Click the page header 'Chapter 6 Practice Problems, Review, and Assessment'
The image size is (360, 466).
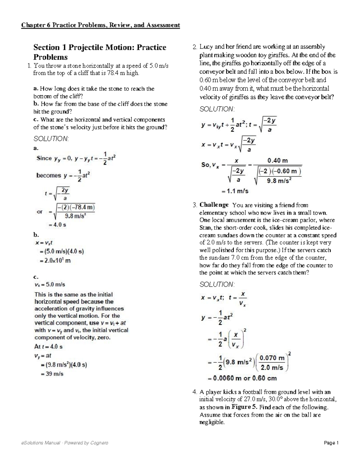100,25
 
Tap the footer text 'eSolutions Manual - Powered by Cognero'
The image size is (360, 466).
64,443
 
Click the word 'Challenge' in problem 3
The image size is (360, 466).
214,205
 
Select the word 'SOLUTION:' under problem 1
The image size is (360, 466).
51,139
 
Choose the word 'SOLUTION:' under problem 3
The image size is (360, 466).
217,284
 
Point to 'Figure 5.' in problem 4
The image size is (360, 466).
244,407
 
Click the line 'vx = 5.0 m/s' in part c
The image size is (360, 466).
50,284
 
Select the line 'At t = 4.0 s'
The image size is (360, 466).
48,347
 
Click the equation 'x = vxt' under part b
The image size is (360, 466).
44,243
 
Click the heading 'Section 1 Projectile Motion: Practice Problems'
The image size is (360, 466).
100,52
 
